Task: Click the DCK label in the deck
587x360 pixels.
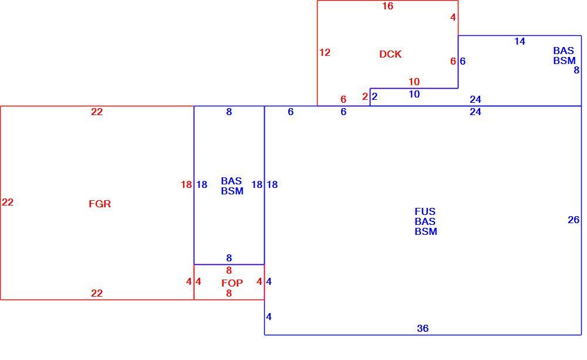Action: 390,54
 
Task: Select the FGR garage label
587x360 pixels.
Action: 100,204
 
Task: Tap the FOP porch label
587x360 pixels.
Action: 232,283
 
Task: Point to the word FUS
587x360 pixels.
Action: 425,211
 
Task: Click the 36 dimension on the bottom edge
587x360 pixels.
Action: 423,328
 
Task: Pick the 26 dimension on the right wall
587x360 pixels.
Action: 573,220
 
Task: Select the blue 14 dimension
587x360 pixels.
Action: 519,42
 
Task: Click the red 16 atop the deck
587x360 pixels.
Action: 388,6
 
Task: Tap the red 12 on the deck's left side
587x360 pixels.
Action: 325,52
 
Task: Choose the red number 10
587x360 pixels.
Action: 414,82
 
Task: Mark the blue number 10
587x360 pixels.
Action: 414,95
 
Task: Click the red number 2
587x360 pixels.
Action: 365,97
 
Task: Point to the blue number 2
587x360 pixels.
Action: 375,97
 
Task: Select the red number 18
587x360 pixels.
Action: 187,184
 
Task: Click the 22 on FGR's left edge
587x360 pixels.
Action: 8,202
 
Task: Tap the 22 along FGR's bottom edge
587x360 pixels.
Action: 97,293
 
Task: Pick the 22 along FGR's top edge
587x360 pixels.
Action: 97,112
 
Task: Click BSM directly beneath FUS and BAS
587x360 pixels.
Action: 426,232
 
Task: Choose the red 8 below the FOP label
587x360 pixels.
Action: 229,294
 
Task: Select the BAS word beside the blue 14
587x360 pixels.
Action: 564,51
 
